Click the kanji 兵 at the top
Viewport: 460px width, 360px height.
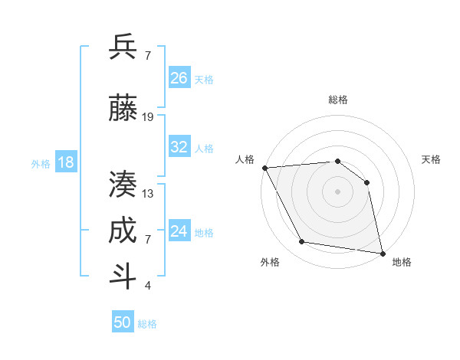tap(123, 47)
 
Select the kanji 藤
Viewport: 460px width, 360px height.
tap(123, 109)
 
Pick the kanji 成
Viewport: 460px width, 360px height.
tap(123, 231)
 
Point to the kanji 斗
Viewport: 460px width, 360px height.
tap(123, 277)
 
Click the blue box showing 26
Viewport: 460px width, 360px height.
tap(179, 78)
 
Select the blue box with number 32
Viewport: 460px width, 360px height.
tap(179, 147)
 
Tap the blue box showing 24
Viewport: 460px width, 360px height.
tap(179, 231)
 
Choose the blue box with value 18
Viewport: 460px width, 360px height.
tap(65, 162)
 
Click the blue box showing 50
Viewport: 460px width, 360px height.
tap(123, 322)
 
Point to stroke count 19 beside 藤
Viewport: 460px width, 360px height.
tap(148, 116)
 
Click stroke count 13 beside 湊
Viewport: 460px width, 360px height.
tap(148, 193)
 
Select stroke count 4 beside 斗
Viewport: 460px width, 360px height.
tap(148, 286)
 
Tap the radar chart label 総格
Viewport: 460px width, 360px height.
tap(338, 100)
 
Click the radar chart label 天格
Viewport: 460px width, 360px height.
tap(431, 159)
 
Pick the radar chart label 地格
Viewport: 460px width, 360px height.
tap(402, 262)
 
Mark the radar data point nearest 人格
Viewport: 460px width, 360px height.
tap(264, 168)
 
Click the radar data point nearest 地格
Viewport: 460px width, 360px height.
tap(383, 253)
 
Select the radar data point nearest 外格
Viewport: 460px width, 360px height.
tap(302, 242)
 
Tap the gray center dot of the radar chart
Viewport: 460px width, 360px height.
tap(338, 191)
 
